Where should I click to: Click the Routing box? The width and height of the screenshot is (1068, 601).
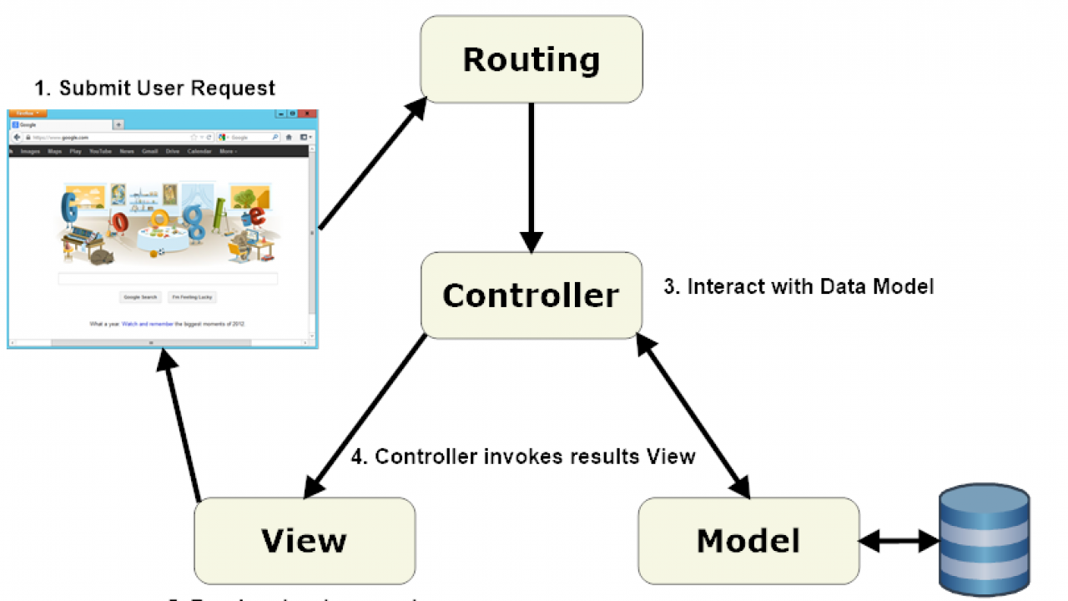[531, 59]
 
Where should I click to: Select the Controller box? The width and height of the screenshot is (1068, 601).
[531, 295]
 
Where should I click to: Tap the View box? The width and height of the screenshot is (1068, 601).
[304, 541]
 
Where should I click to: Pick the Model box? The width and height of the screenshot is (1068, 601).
[748, 541]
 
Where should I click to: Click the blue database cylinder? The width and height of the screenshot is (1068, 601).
[984, 538]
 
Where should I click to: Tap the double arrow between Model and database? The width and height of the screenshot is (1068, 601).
[899, 541]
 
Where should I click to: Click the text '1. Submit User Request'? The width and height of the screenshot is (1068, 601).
[155, 88]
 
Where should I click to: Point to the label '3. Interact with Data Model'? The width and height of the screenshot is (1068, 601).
[798, 286]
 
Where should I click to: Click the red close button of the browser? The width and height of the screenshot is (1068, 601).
[308, 114]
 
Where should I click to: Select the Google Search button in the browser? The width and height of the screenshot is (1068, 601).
[140, 297]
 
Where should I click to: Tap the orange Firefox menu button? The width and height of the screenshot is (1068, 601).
[28, 114]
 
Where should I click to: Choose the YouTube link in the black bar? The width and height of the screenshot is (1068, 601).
[100, 152]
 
